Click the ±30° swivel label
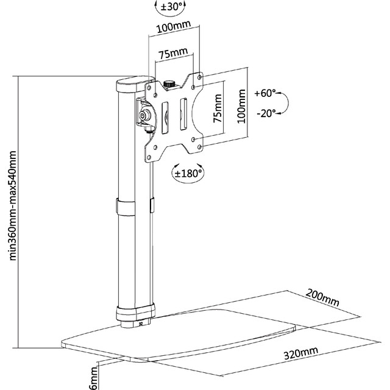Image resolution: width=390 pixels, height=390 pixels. [172, 7]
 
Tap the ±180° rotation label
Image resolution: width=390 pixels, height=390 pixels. [188, 173]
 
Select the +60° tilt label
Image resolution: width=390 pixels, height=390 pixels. [265, 93]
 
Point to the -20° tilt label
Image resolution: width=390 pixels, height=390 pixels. [266, 113]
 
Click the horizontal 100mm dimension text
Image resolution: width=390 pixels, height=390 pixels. [174, 27]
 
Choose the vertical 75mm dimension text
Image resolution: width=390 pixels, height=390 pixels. [218, 108]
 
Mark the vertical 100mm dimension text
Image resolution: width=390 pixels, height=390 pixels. [241, 106]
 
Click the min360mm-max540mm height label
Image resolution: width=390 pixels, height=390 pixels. [12, 205]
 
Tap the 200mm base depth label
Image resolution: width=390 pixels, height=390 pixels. [322, 297]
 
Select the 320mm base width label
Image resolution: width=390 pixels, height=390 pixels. [301, 353]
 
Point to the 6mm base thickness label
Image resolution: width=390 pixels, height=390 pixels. [94, 378]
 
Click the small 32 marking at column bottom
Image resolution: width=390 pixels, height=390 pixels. [141, 324]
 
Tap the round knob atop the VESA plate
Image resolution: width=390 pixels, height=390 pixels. [169, 83]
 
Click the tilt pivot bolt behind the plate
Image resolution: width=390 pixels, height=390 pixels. [143, 115]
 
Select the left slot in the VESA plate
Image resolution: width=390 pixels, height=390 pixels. [165, 118]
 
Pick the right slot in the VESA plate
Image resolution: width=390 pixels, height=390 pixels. [183, 114]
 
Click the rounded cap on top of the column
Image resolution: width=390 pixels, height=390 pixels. [133, 83]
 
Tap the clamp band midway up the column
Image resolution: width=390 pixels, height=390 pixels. [126, 207]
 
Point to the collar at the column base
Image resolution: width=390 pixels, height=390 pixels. [135, 312]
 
